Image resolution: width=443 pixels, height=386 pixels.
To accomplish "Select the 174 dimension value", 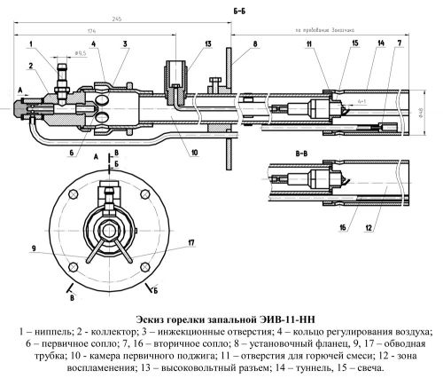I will [92, 32].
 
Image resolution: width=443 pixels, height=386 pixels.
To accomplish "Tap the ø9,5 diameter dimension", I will [80, 54].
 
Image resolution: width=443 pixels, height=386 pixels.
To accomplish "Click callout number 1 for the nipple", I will [30, 43].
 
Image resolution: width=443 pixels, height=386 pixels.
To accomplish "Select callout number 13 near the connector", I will [183, 43].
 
